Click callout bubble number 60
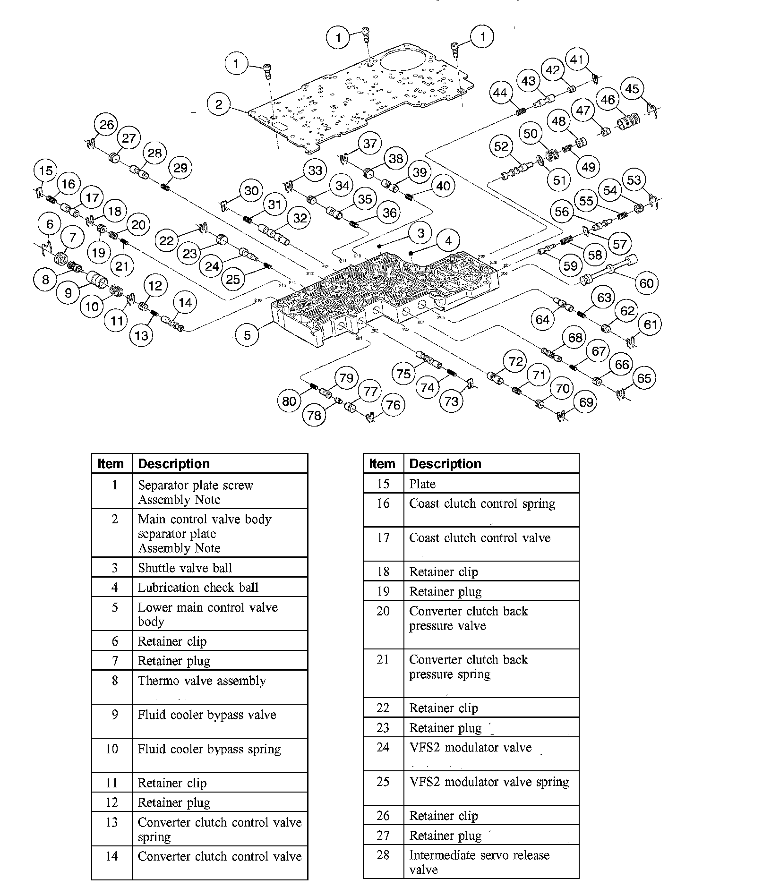pyautogui.click(x=646, y=283)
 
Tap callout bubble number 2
pyautogui.click(x=218, y=104)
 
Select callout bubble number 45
pyautogui.click(x=632, y=89)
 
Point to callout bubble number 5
pyautogui.click(x=247, y=335)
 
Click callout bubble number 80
pyautogui.click(x=289, y=401)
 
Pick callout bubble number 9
pyautogui.click(x=69, y=293)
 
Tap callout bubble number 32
pyautogui.click(x=300, y=218)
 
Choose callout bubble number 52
pyautogui.click(x=501, y=146)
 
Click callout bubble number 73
pyautogui.click(x=452, y=401)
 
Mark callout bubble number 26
pyautogui.click(x=107, y=125)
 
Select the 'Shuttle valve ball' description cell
pyautogui.click(x=185, y=568)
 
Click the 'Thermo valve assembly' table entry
pyautogui.click(x=201, y=681)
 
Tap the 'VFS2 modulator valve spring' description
pyautogui.click(x=488, y=782)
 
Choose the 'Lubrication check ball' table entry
pyautogui.click(x=198, y=588)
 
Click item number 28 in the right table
pyautogui.click(x=383, y=855)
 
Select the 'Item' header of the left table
pyautogui.click(x=111, y=464)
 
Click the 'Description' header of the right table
pyautogui.click(x=445, y=464)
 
